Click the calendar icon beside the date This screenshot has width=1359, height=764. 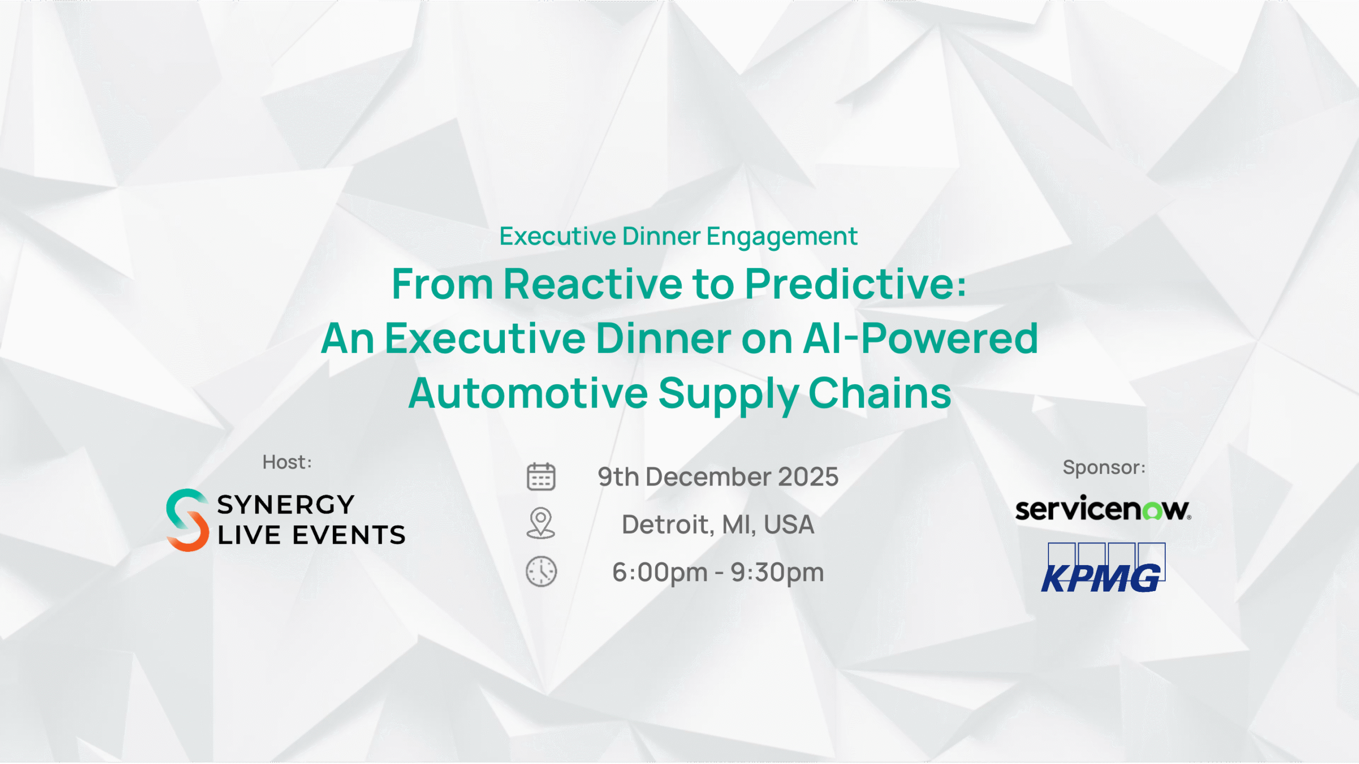pos(541,476)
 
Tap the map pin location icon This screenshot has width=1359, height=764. pos(541,523)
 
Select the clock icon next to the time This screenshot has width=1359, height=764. pos(541,571)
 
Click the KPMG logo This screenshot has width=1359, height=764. pos(1103,568)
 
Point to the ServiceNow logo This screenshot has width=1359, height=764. pos(1103,508)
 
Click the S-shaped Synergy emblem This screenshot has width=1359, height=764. pos(187,520)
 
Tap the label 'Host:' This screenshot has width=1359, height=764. pos(287,462)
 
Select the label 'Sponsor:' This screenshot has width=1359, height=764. pos(1104,467)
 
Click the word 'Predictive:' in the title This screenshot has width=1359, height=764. pos(856,284)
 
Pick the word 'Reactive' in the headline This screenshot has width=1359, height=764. pos(592,284)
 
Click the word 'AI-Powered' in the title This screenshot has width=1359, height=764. pos(921,338)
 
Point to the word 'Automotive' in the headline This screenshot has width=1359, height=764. pos(528,393)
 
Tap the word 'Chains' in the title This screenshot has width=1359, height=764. pos(880,393)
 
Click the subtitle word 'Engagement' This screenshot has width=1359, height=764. pos(782,237)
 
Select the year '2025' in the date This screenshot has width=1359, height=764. pos(808,476)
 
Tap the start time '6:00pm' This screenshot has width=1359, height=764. pos(660,572)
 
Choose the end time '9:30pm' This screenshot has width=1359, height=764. pos(777,572)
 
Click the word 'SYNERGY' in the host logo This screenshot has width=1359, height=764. pos(286,505)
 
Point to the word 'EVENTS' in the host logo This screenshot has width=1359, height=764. pos(349,535)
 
